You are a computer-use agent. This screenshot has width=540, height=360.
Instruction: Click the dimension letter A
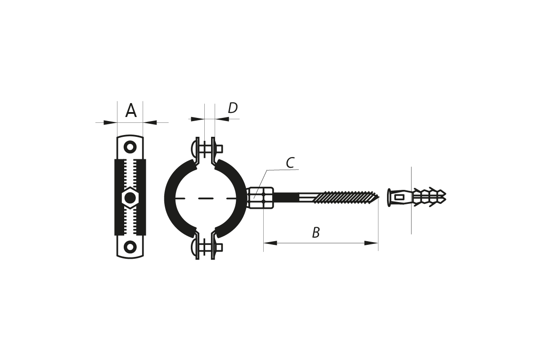pyautogui.click(x=131, y=110)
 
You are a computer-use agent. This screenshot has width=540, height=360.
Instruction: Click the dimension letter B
pyautogui.click(x=316, y=233)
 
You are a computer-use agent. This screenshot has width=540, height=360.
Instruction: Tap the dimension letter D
pyautogui.click(x=233, y=108)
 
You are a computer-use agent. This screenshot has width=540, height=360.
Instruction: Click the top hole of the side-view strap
pyautogui.click(x=130, y=147)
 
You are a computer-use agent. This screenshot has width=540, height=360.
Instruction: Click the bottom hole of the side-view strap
pyautogui.click(x=130, y=247)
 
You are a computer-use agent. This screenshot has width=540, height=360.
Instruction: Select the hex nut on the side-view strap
pyautogui.click(x=130, y=198)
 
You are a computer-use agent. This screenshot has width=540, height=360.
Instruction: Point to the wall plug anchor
pyautogui.click(x=417, y=198)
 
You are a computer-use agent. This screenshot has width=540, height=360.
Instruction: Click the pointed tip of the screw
pyautogui.click(x=379, y=198)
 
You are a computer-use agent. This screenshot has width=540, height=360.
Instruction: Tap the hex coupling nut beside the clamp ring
pyautogui.click(x=261, y=198)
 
